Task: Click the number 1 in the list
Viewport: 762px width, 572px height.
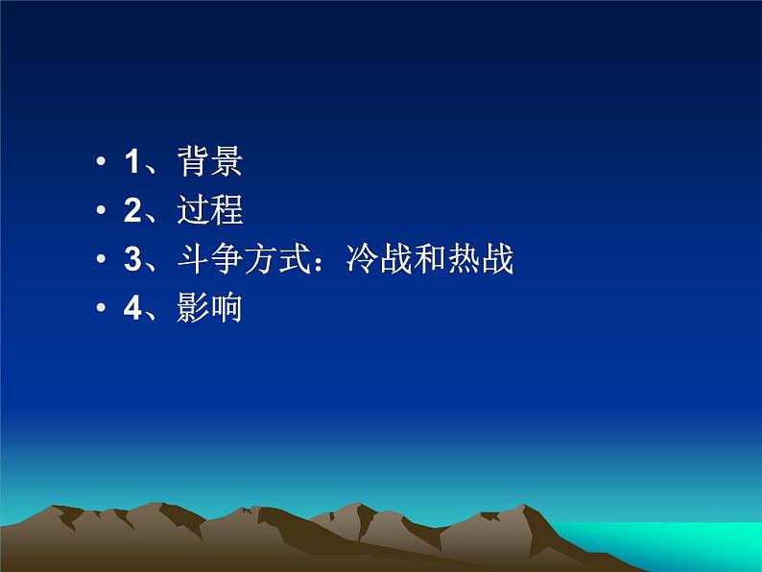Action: point(132,162)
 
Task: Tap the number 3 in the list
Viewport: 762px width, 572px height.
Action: point(132,260)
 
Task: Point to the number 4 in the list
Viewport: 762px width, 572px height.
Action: point(132,309)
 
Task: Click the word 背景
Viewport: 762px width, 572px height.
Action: point(209,162)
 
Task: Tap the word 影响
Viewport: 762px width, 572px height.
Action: point(209,309)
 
